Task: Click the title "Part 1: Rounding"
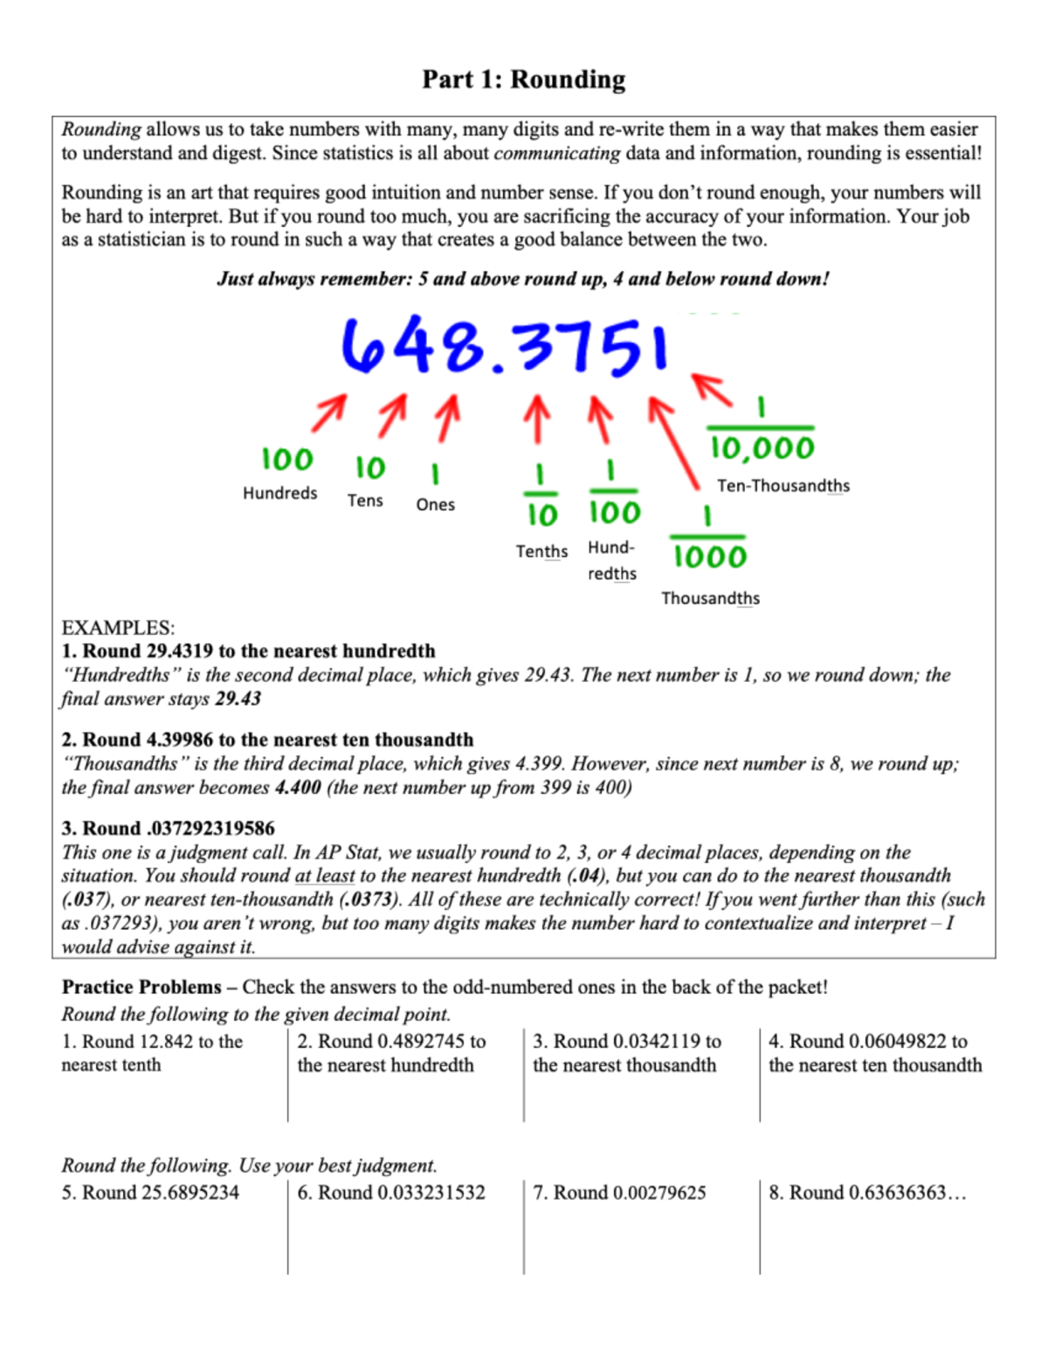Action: pyautogui.click(x=523, y=79)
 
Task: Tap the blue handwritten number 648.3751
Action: pyautogui.click(x=505, y=347)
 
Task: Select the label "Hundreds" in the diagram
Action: pyautogui.click(x=279, y=493)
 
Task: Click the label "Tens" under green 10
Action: pyautogui.click(x=365, y=500)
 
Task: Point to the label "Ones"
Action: pyautogui.click(x=435, y=505)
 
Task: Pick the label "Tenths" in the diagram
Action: pyautogui.click(x=541, y=552)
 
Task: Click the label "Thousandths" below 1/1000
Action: pyautogui.click(x=710, y=598)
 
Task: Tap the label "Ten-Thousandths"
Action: pyautogui.click(x=783, y=486)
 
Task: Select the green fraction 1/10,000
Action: pyautogui.click(x=762, y=432)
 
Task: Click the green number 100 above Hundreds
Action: pyautogui.click(x=287, y=459)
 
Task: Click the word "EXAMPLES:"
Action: pyautogui.click(x=118, y=628)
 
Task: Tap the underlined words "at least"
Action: pyautogui.click(x=325, y=876)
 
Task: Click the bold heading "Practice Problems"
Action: pyautogui.click(x=141, y=987)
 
